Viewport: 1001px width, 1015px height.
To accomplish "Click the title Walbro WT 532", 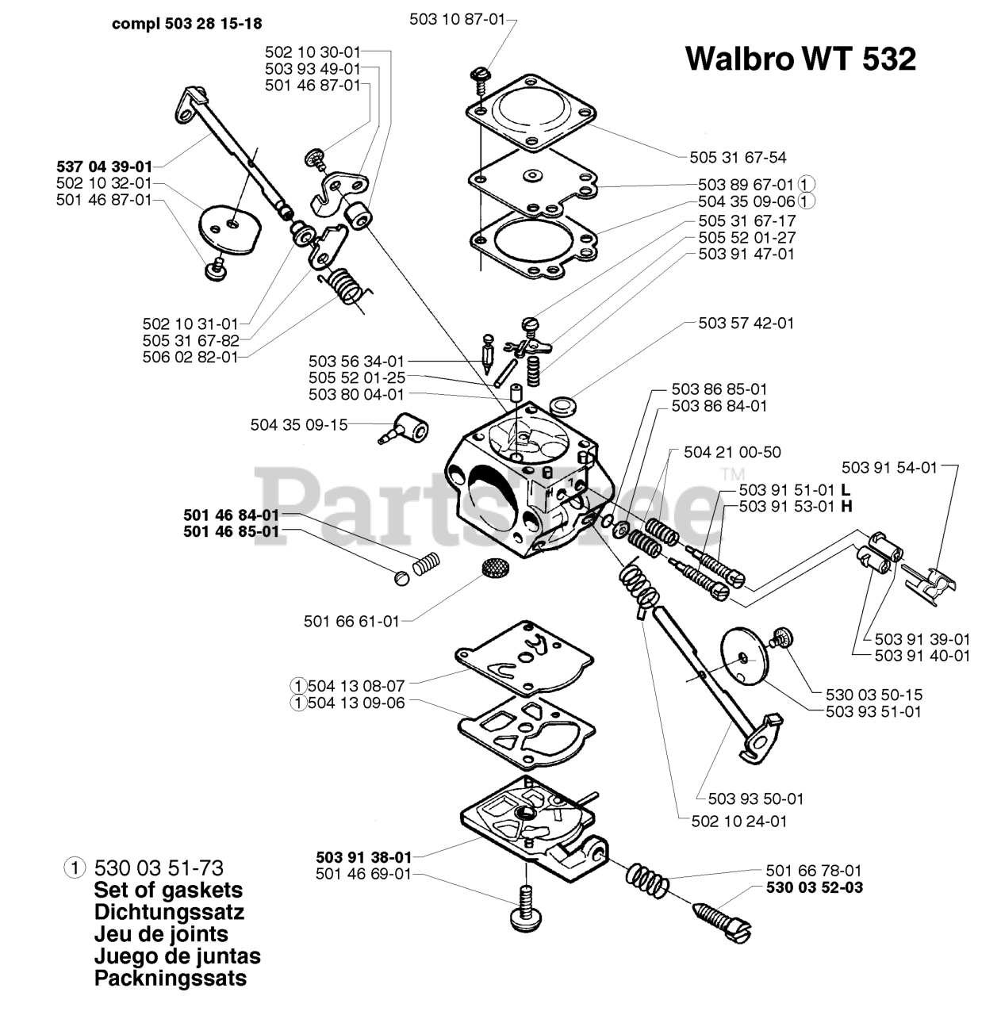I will pos(800,58).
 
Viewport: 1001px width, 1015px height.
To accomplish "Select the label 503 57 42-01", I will pos(746,323).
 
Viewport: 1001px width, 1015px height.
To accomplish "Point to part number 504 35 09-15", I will pos(299,424).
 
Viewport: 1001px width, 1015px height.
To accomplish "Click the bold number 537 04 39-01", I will pos(104,167).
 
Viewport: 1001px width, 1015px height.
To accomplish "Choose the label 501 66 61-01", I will pos(351,621).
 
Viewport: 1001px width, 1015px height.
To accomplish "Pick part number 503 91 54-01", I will pos(889,467).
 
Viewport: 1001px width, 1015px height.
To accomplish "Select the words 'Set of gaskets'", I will pos(168,890).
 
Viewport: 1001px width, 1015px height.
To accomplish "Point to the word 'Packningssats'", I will pos(170,978).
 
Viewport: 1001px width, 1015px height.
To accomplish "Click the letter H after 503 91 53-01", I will pos(846,506).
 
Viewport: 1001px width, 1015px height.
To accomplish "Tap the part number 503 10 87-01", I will pos(457,20).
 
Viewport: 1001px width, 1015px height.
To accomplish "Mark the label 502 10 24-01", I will pos(739,821).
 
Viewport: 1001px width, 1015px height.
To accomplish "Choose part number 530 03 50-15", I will pos(873,695).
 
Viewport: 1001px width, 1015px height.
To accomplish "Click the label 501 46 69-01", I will pos(363,874).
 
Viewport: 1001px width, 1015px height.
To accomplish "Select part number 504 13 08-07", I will pos(356,685).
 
